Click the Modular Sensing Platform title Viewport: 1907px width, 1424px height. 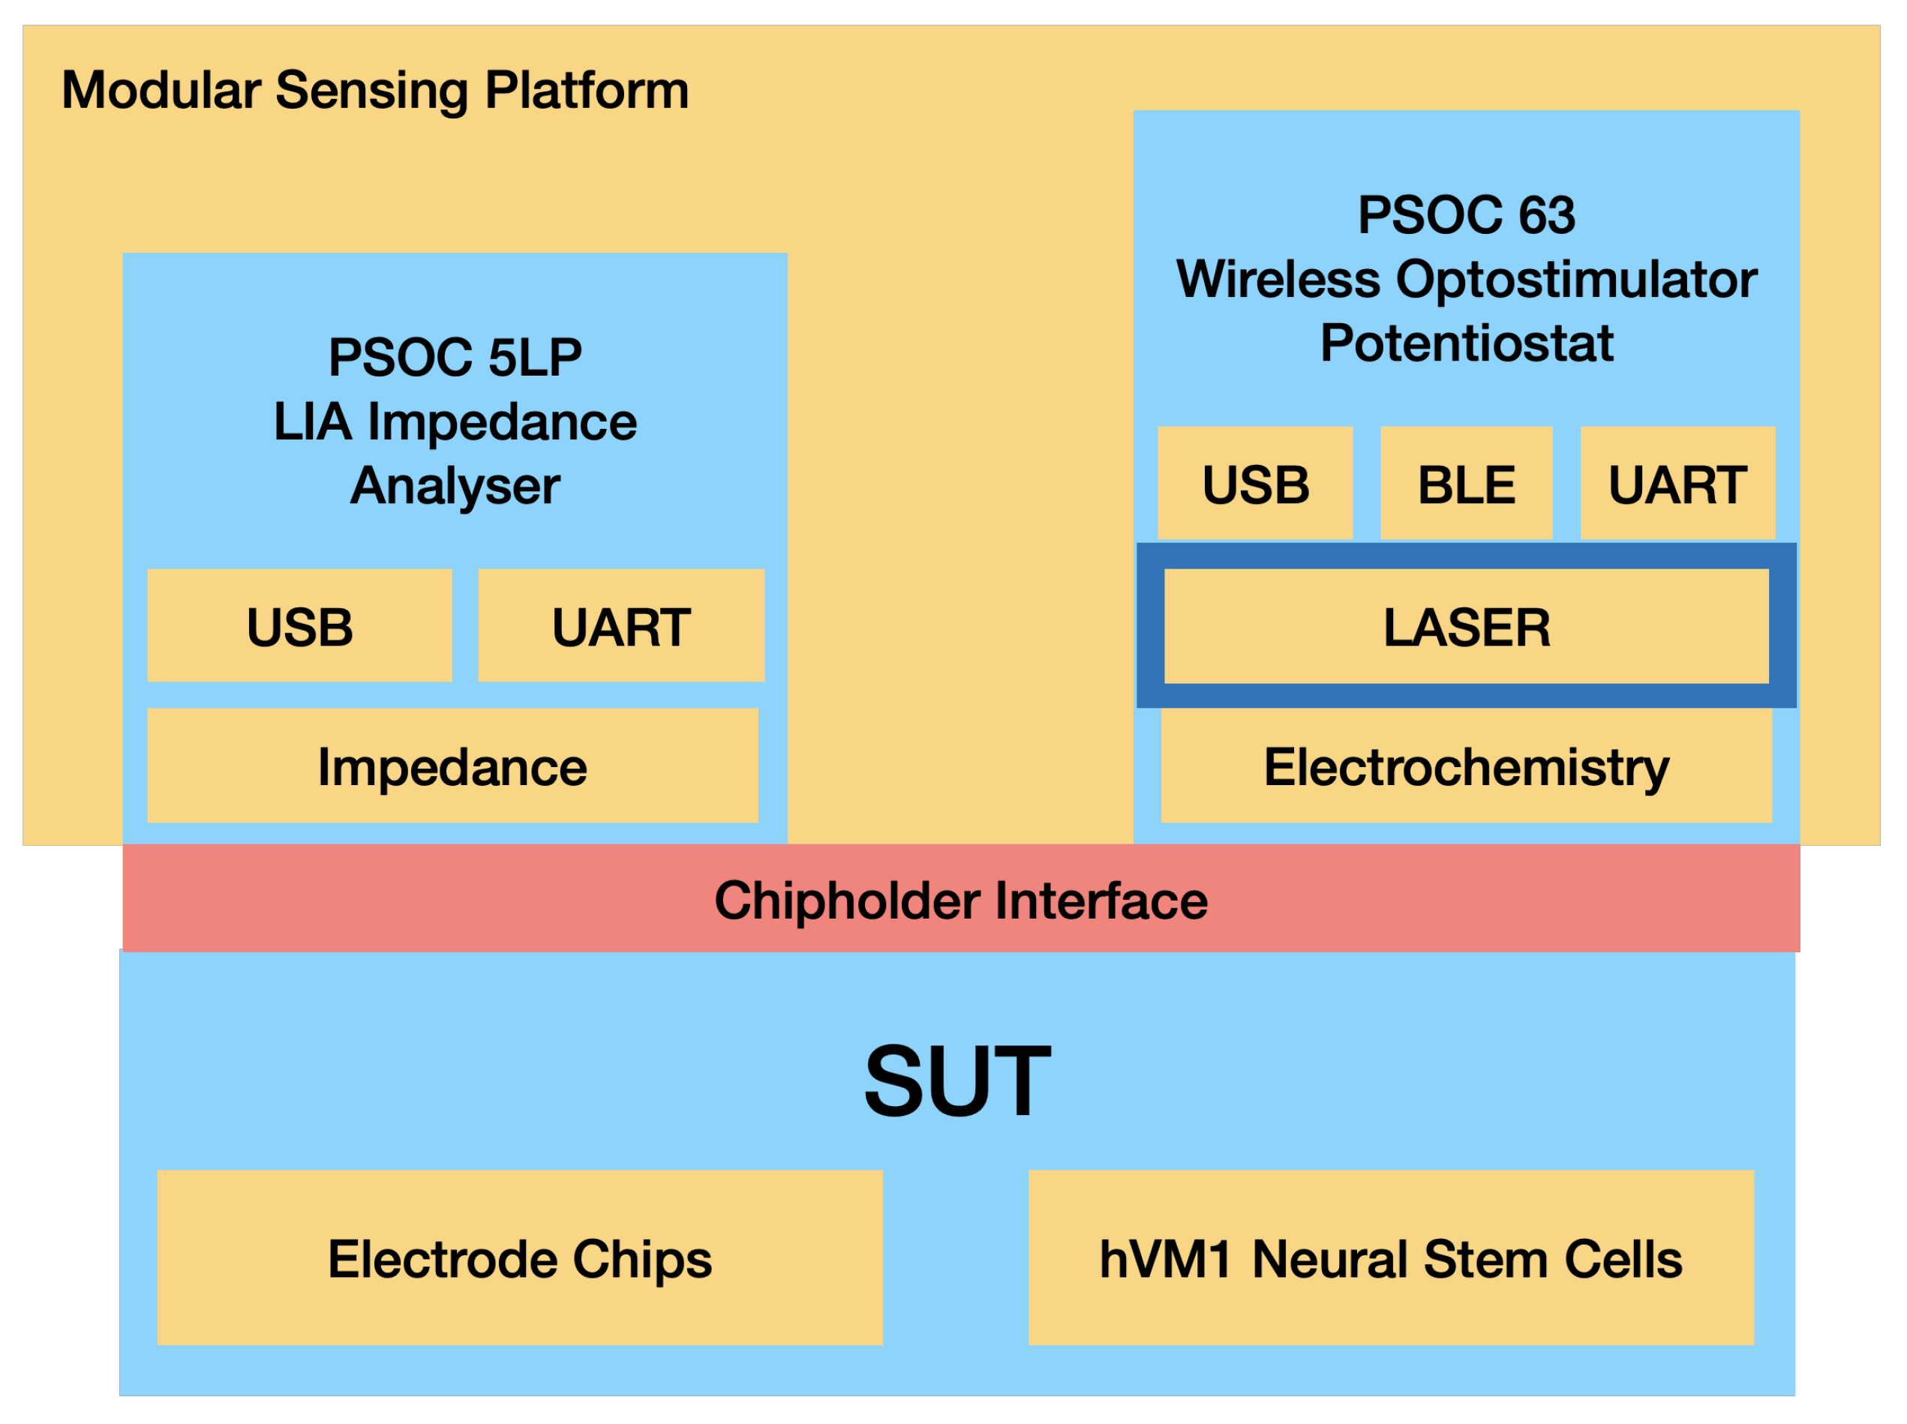[x=375, y=91]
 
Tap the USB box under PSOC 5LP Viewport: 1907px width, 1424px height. [x=299, y=626]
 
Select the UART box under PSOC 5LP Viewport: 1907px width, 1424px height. [x=620, y=626]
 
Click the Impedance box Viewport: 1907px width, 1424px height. [x=452, y=766]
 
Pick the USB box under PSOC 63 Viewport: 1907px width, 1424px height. [x=1254, y=484]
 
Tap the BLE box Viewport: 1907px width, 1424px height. [x=1466, y=484]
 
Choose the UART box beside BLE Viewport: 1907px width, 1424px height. [x=1677, y=484]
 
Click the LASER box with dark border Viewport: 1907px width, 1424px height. [x=1466, y=627]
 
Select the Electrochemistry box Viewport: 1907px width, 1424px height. [x=1466, y=766]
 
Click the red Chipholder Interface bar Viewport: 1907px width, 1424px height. [x=960, y=900]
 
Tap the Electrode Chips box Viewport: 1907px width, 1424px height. [x=519, y=1258]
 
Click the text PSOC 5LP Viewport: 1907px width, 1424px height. [x=455, y=357]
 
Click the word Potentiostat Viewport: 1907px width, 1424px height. [x=1466, y=343]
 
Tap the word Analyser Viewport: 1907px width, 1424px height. [x=455, y=486]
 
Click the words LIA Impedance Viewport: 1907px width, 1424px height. [x=455, y=421]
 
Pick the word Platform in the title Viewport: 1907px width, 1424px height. [x=586, y=91]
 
